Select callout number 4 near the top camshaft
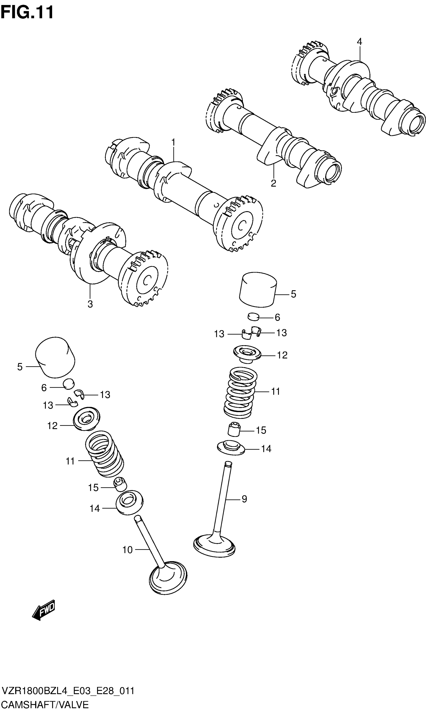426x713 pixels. (359, 42)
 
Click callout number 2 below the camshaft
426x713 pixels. (274, 183)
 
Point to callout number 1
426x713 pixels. (173, 142)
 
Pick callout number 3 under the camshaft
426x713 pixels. (90, 304)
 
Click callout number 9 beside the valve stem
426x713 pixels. (244, 499)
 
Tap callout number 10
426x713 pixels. (128, 550)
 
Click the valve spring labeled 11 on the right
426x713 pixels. (240, 393)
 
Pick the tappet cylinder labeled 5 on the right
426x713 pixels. (258, 290)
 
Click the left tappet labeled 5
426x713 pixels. (55, 357)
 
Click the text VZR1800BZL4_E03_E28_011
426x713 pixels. (68, 691)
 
